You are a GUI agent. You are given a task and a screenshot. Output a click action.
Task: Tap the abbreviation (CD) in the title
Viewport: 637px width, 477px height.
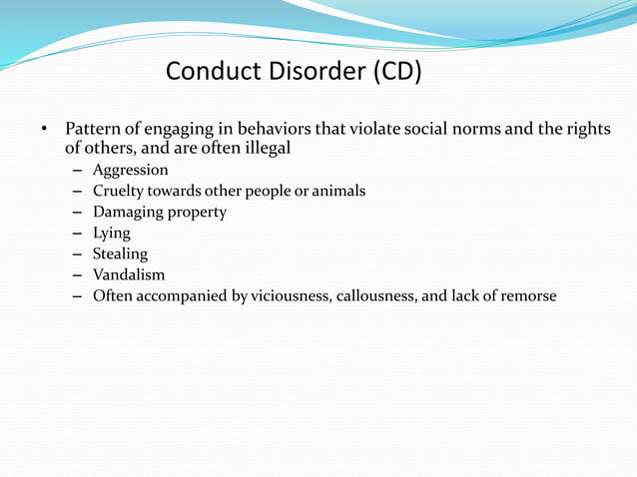(x=397, y=72)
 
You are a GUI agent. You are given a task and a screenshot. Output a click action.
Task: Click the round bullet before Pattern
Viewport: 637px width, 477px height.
(x=44, y=131)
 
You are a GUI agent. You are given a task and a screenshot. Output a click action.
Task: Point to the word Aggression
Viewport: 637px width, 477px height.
(x=130, y=170)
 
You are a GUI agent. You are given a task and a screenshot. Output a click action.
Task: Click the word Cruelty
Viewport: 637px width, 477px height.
(x=119, y=191)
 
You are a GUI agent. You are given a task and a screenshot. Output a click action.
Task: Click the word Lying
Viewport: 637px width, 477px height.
(x=112, y=233)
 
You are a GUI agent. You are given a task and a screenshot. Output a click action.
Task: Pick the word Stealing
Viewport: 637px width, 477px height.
(x=120, y=253)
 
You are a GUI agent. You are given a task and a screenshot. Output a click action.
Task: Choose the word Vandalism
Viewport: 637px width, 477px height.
(x=129, y=274)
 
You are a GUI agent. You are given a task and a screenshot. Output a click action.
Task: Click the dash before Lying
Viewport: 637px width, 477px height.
(x=77, y=233)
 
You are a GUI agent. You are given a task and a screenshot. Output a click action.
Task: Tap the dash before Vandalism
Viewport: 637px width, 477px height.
(x=77, y=274)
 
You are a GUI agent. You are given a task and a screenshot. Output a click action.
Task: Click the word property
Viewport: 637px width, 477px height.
(x=196, y=212)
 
